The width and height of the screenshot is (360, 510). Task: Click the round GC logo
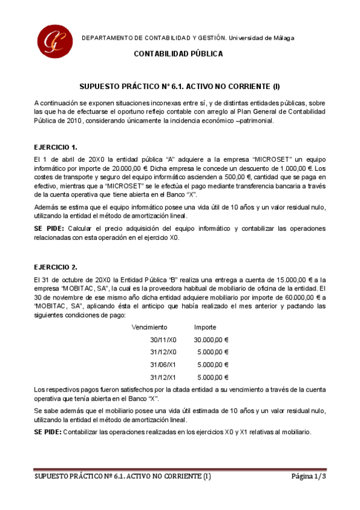point(53,40)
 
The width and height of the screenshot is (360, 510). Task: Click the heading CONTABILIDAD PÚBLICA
point(178,54)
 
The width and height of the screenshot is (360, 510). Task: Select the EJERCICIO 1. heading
point(56,147)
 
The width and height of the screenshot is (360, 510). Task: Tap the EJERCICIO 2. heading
point(56,266)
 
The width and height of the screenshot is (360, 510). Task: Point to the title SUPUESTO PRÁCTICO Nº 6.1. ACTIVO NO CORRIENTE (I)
point(180,87)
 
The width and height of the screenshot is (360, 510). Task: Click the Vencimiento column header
point(150,327)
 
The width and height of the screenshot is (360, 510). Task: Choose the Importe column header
point(205,327)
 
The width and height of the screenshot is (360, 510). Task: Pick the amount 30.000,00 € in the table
point(210,340)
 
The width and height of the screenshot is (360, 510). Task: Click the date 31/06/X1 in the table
point(163,364)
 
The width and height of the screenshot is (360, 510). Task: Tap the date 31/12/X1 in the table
point(163,377)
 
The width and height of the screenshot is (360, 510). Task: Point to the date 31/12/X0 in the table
point(163,352)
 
